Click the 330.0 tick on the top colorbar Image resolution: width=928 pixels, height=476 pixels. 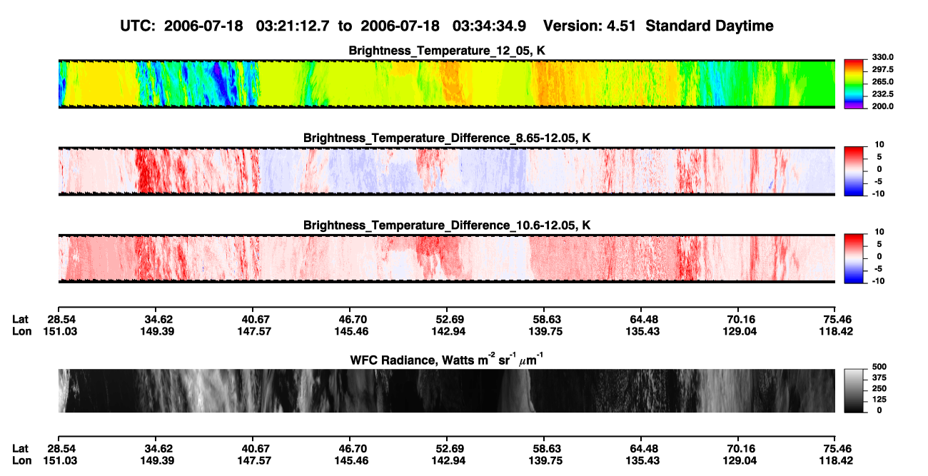pyautogui.click(x=882, y=57)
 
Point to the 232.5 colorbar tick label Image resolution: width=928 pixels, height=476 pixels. pyautogui.click(x=882, y=94)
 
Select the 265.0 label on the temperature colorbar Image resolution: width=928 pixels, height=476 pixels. pyautogui.click(x=882, y=81)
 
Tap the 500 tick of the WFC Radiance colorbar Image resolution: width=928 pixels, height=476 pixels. pyautogui.click(x=879, y=367)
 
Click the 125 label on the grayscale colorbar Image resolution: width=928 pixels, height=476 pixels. pyautogui.click(x=879, y=400)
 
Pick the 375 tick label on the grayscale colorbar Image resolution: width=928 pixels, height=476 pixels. pyautogui.click(x=879, y=378)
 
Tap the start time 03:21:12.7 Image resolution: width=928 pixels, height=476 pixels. pyautogui.click(x=293, y=26)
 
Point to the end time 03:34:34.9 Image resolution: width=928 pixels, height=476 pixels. pyautogui.click(x=489, y=26)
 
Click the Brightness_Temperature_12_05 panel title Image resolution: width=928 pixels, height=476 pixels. pyautogui.click(x=447, y=51)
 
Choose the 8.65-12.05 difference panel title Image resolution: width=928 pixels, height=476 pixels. pyautogui.click(x=447, y=138)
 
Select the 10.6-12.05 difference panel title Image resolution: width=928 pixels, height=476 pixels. pyautogui.click(x=447, y=226)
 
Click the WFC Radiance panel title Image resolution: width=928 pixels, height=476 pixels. pyautogui.click(x=447, y=359)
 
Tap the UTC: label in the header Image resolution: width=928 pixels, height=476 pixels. pyautogui.click(x=138, y=26)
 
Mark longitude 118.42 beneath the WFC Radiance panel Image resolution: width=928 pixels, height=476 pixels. pyautogui.click(x=836, y=461)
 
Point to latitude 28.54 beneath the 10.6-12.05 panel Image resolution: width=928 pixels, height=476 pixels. pyautogui.click(x=61, y=320)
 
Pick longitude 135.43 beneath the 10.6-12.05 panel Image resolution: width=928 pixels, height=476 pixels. pyautogui.click(x=642, y=331)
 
